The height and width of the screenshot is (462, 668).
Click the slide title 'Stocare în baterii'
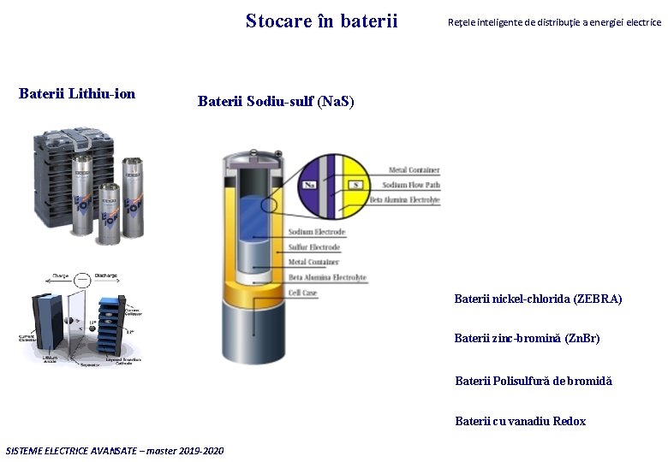click(x=321, y=21)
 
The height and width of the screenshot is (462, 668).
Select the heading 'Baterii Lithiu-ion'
click(x=77, y=93)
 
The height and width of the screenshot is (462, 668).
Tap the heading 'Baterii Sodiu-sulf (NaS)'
click(x=276, y=102)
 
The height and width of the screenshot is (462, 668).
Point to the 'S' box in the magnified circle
click(x=355, y=185)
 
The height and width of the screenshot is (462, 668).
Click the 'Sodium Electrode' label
click(x=317, y=232)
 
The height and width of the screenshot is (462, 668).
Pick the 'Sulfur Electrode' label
click(x=314, y=247)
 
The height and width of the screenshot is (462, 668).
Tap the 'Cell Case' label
click(x=303, y=293)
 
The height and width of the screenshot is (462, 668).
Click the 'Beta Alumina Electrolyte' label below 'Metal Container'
click(x=327, y=277)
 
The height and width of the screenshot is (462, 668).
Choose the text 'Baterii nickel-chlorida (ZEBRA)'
click(x=538, y=299)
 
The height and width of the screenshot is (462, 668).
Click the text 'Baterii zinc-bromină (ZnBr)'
click(x=527, y=338)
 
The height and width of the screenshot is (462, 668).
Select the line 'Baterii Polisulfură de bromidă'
click(x=534, y=381)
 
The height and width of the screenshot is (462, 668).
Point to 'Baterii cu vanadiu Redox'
click(x=521, y=421)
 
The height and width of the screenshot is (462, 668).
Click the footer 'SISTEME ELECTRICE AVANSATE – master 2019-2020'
click(x=115, y=451)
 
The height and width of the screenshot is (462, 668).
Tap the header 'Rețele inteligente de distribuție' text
click(x=554, y=22)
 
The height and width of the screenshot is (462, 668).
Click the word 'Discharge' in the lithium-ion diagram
click(x=106, y=275)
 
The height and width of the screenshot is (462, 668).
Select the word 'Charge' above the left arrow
click(x=61, y=275)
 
